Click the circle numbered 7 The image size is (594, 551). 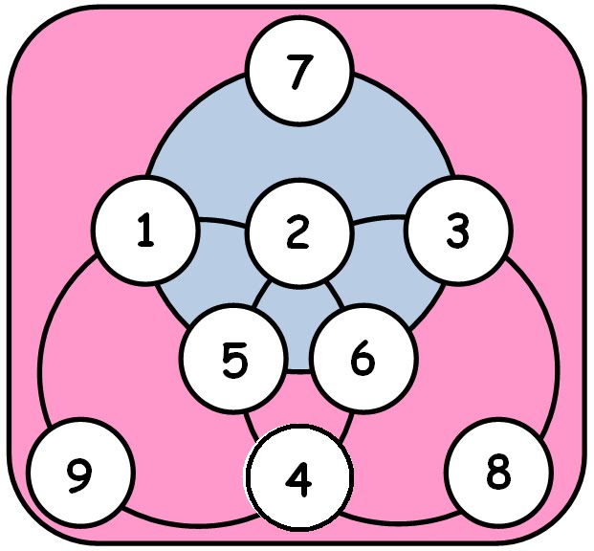[299, 73]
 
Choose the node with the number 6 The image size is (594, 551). [363, 361]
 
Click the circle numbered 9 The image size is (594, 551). [80, 474]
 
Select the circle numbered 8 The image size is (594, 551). [499, 474]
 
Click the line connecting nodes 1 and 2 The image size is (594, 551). [222, 227]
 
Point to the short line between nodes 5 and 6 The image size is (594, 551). [299, 370]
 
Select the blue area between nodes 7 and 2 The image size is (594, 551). [299, 153]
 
